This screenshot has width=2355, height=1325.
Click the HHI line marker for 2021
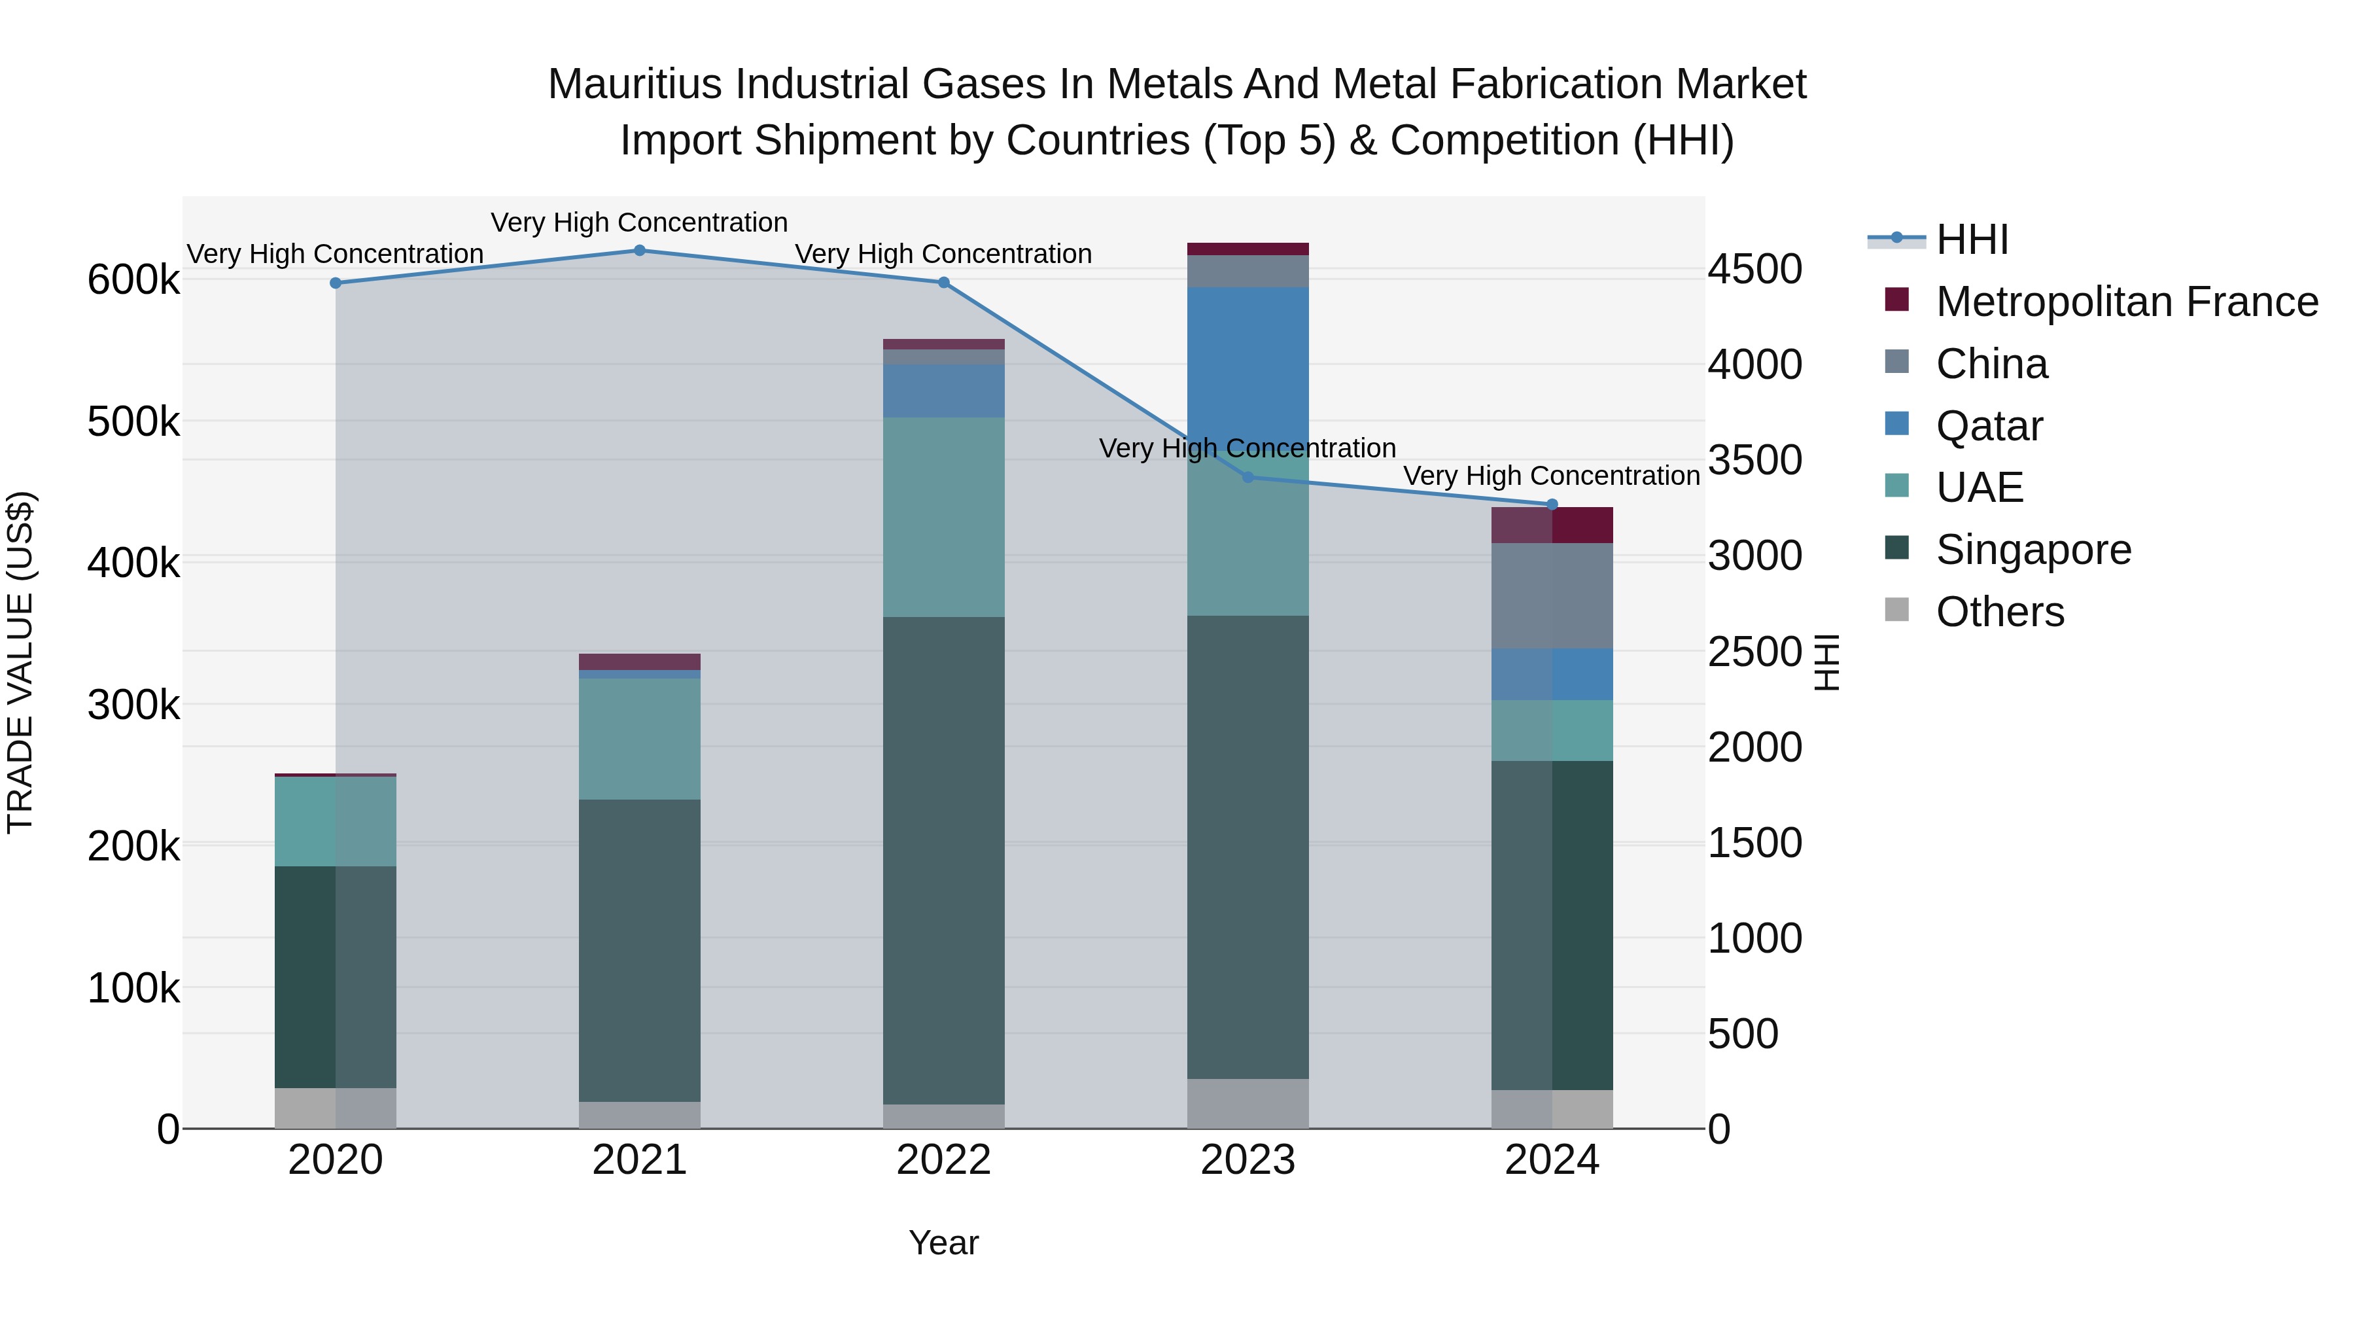tap(639, 251)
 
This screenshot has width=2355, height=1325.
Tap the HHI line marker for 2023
tap(1248, 478)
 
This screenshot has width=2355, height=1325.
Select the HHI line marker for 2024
tap(1552, 504)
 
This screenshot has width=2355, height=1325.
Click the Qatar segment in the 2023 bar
tap(1248, 366)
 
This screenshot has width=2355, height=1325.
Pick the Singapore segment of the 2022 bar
tap(943, 860)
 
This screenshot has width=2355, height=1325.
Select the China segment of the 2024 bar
tap(1552, 595)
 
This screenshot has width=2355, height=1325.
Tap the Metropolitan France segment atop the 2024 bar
tap(1552, 525)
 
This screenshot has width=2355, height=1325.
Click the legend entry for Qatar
tap(1989, 426)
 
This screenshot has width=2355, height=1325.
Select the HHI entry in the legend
tap(1971, 239)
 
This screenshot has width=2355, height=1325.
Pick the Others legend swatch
tap(1897, 610)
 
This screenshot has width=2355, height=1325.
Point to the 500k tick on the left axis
tap(133, 423)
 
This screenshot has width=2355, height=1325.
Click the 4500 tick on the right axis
tap(1755, 270)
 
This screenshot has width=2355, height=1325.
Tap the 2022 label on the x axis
tap(943, 1160)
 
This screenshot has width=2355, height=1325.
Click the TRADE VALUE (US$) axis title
tap(20, 662)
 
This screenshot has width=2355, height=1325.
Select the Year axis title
tap(943, 1243)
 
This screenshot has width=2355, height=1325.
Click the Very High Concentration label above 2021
tap(639, 222)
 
